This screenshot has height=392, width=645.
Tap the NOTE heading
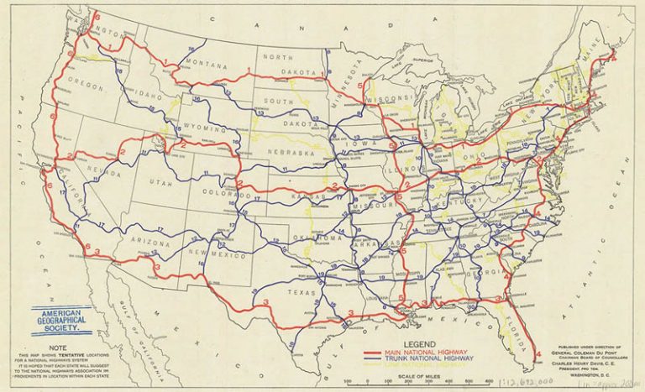coord(60,346)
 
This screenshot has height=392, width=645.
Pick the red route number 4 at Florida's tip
coord(537,358)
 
